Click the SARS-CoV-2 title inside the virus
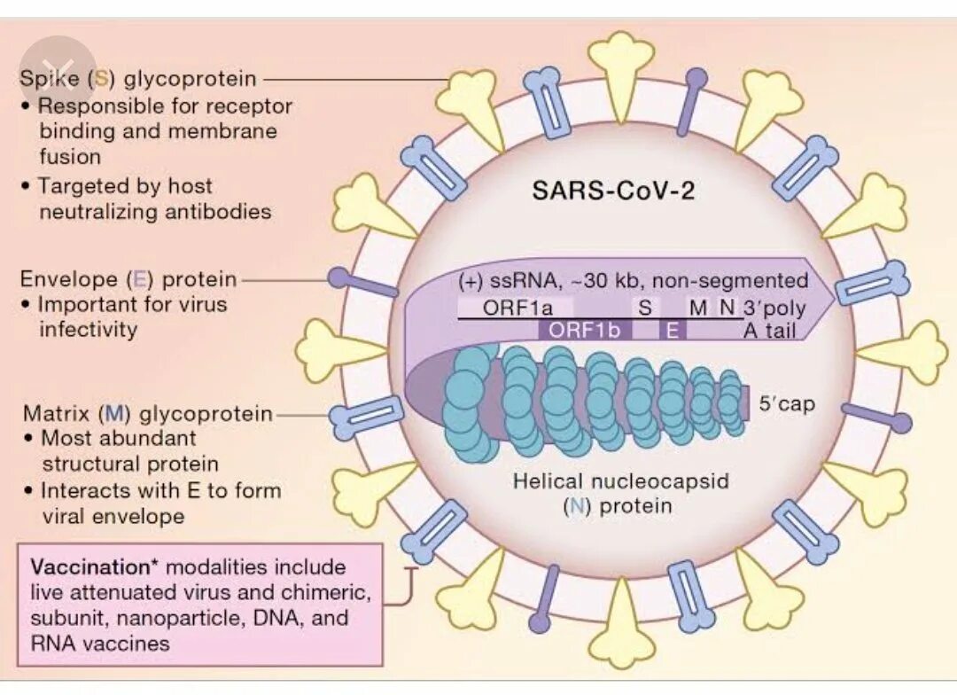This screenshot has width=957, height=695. [x=613, y=191]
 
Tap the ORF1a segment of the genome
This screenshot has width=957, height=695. [x=518, y=308]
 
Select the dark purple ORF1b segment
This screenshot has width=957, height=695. [x=577, y=331]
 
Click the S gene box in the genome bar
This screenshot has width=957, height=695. [x=644, y=308]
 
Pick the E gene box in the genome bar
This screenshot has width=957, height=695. [x=672, y=331]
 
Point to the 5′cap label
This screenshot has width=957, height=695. [x=787, y=404]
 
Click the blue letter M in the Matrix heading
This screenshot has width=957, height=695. [x=113, y=413]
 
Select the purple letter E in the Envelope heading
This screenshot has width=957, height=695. [x=140, y=279]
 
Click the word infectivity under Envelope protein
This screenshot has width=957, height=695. [x=89, y=330]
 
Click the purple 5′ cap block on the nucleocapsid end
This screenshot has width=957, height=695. [x=745, y=405]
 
